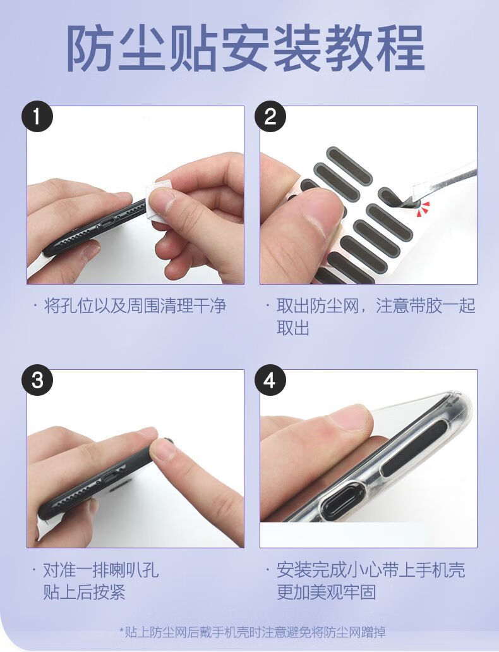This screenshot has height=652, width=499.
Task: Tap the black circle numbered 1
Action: click(37, 116)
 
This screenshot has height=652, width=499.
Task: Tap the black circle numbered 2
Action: click(270, 116)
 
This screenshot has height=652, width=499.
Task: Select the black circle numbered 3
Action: click(37, 379)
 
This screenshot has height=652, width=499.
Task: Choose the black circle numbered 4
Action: click(270, 379)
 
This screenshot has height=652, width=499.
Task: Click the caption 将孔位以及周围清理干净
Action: click(135, 305)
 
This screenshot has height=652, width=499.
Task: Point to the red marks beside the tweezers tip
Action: click(424, 208)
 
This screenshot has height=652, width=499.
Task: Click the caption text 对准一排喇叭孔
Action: click(101, 569)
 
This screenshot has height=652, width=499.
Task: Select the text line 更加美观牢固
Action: click(326, 592)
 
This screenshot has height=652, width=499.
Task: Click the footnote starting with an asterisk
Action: click(252, 632)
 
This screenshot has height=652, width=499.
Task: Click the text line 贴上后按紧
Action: click(85, 592)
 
